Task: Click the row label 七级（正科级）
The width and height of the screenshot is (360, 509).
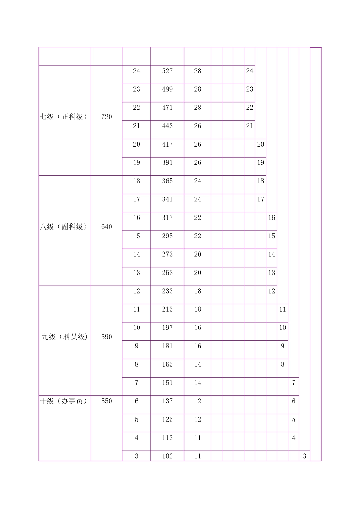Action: (x=64, y=117)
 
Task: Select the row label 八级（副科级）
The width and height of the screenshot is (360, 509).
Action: (x=64, y=227)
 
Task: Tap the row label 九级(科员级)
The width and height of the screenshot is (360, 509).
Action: (x=65, y=337)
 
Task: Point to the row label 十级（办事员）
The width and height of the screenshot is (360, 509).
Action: (x=64, y=401)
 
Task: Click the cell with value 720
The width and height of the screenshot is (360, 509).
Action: (x=106, y=117)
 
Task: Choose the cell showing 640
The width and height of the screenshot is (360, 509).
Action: (x=106, y=227)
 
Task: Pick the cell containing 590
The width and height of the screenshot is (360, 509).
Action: (x=106, y=337)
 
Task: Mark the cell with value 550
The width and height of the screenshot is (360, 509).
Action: (x=106, y=401)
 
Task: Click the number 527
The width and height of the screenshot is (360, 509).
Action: (x=167, y=71)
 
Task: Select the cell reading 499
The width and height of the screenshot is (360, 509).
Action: (x=167, y=89)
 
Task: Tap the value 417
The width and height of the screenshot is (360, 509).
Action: (x=167, y=144)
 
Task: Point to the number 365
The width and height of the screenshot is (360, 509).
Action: (x=167, y=181)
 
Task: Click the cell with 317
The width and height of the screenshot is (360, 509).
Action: (x=167, y=218)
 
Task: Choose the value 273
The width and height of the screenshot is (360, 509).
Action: (x=167, y=254)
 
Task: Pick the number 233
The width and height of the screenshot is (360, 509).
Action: (x=167, y=291)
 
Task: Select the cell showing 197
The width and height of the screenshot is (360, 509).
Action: (x=167, y=328)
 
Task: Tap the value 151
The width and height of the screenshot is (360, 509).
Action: (x=167, y=383)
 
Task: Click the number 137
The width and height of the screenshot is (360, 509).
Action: (x=167, y=401)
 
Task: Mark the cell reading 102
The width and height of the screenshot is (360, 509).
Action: (x=167, y=456)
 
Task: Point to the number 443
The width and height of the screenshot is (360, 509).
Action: (x=167, y=126)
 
